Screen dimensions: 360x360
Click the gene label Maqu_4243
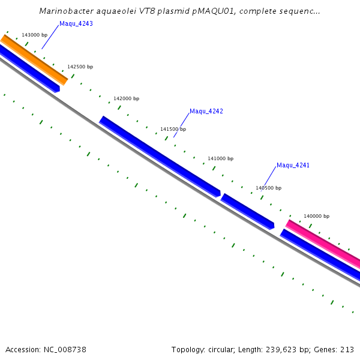point(76,24)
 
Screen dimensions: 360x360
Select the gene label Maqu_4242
point(206,112)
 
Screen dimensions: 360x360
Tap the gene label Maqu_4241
point(293,166)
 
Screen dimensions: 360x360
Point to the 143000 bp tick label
point(34,35)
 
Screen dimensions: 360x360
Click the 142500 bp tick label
point(80,67)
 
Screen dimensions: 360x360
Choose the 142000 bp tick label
point(126,98)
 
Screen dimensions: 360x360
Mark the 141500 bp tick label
point(173,129)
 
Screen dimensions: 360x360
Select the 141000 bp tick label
point(220,158)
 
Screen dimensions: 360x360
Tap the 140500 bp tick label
point(268,188)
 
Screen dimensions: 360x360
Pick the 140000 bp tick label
point(316,216)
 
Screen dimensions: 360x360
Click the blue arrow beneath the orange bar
point(29,69)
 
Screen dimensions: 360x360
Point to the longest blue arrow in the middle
point(160,156)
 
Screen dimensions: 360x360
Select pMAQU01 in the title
point(199,11)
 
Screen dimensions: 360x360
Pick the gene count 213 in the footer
point(347,349)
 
